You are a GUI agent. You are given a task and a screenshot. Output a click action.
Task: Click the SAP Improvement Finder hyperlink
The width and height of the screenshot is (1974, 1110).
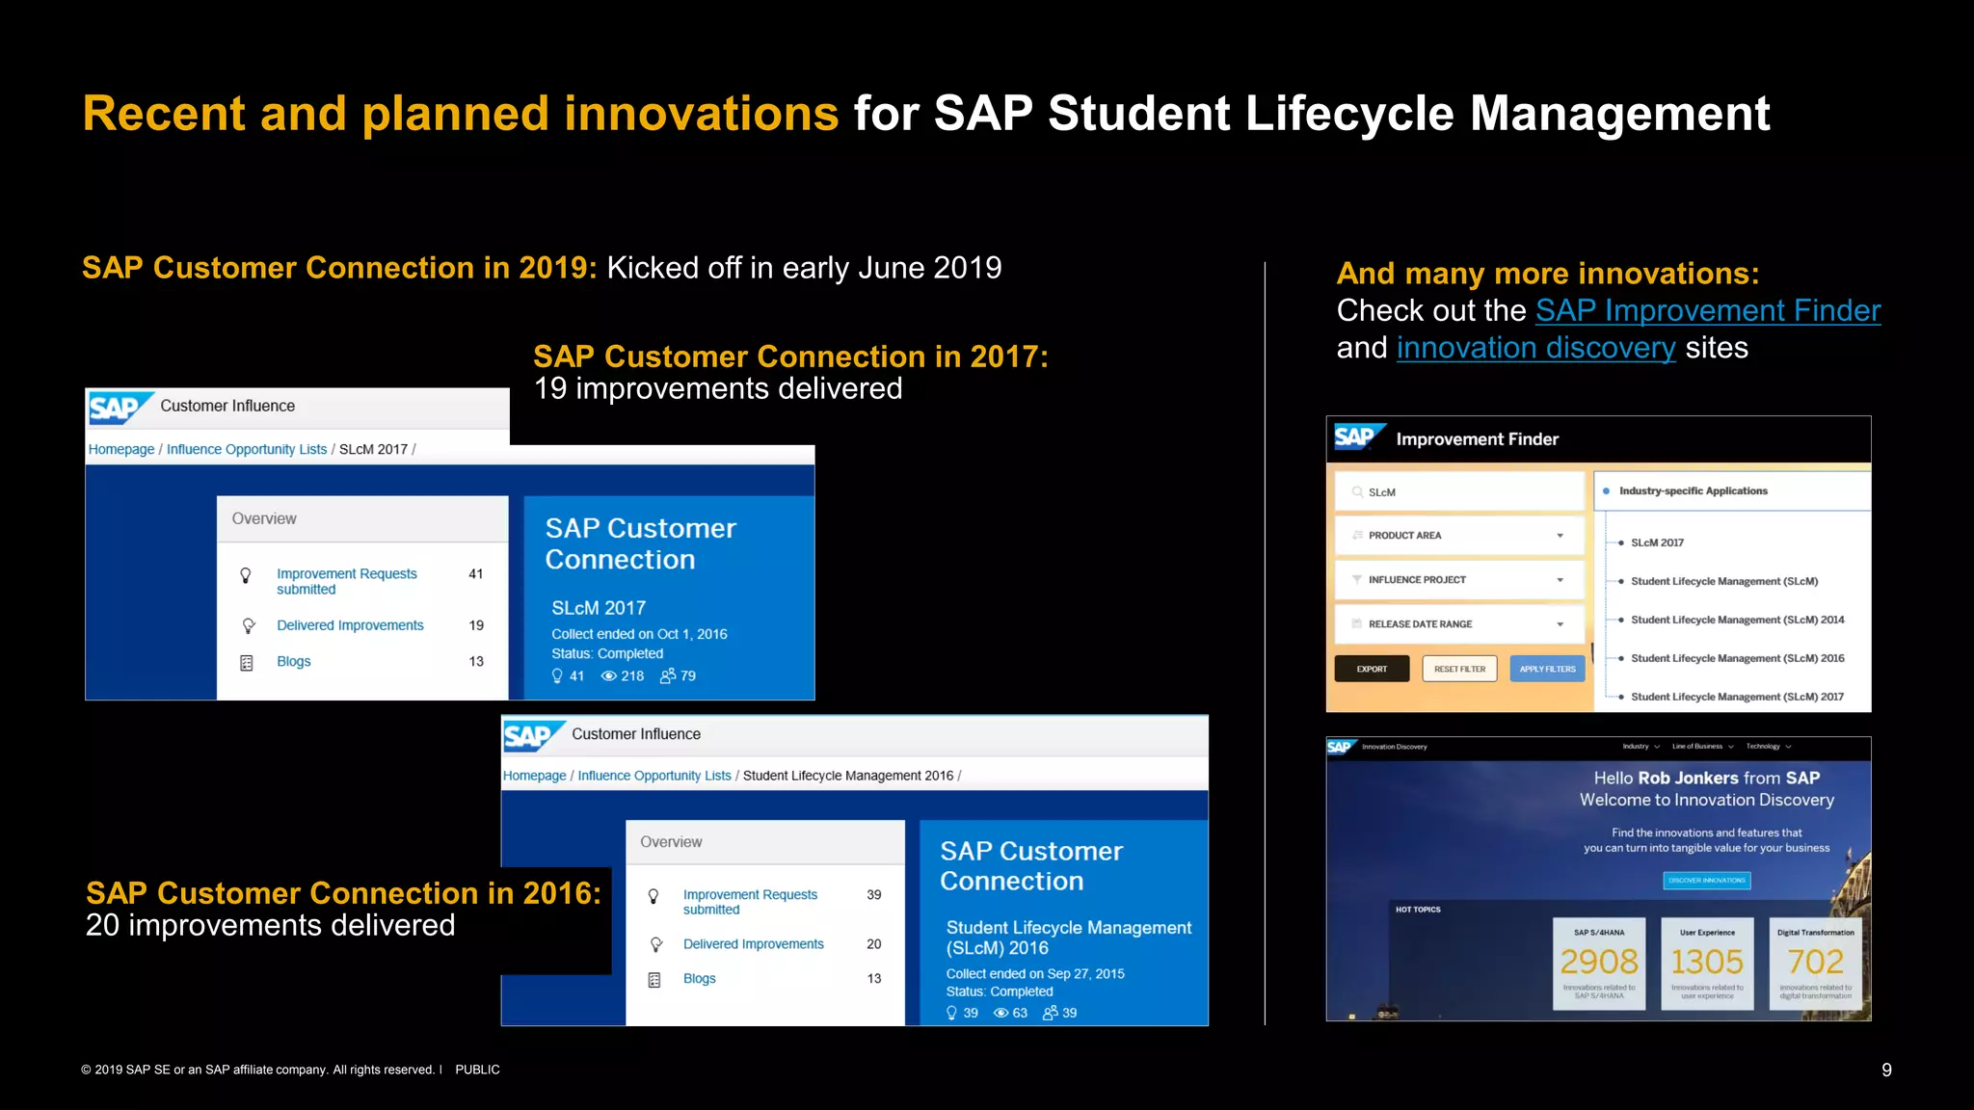(1707, 311)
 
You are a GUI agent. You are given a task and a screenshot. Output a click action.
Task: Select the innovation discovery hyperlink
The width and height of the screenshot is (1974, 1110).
(1535, 348)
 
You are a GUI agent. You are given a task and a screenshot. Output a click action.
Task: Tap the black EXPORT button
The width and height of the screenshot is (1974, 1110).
(1372, 669)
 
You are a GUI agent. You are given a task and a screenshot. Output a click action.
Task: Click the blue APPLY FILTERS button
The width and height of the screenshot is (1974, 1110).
(1547, 669)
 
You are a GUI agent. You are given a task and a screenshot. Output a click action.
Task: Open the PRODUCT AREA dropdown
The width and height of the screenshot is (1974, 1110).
(1459, 536)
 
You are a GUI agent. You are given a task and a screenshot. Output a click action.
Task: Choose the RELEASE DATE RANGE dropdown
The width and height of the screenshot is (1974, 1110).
(1459, 624)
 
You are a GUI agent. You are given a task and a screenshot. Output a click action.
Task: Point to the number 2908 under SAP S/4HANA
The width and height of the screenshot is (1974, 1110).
(1599, 962)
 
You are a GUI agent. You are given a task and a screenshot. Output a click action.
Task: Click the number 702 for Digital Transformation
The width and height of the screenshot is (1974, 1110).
(1815, 962)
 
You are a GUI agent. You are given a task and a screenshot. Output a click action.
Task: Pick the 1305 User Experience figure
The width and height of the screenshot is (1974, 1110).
(1707, 962)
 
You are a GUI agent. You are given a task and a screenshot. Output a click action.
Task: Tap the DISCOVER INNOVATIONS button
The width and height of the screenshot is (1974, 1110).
(1707, 881)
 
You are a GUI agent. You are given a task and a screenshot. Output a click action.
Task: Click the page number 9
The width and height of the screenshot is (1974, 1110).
(1886, 1070)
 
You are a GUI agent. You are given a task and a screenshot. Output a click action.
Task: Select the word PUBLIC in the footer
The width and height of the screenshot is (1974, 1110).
(477, 1070)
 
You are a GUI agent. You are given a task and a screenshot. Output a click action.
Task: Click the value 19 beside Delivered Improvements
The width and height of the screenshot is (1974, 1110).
(476, 625)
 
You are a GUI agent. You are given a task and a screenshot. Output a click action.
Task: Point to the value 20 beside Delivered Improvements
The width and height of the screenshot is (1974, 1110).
(873, 944)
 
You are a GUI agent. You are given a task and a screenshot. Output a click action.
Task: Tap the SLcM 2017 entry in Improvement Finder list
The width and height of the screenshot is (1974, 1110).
(1657, 543)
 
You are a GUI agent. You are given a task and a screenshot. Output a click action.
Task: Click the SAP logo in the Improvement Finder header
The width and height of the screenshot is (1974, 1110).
(1355, 438)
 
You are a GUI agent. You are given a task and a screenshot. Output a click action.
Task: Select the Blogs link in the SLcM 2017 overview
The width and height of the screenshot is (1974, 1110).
(294, 662)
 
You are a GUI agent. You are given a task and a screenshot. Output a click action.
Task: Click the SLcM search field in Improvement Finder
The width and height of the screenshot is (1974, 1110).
(1459, 492)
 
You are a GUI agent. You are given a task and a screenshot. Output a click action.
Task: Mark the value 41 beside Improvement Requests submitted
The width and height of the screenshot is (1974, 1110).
(476, 574)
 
